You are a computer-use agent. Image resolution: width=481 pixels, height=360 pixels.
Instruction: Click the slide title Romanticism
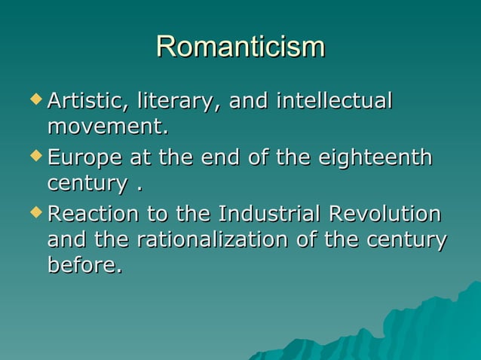coord(240,47)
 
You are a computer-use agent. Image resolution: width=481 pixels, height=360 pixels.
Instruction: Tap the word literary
coord(176,101)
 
